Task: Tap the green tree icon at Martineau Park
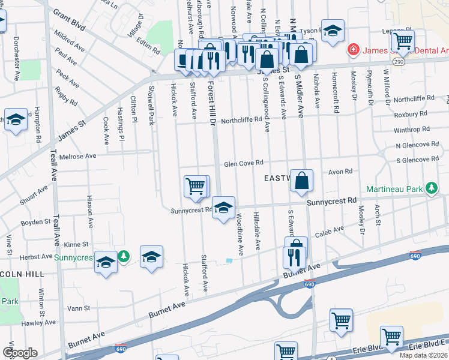pyautogui.click(x=431, y=189)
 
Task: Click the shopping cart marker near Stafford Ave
pyautogui.click(x=196, y=187)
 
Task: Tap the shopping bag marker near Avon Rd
pyautogui.click(x=301, y=181)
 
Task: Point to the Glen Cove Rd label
pyautogui.click(x=244, y=163)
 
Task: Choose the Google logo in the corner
pyautogui.click(x=20, y=353)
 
